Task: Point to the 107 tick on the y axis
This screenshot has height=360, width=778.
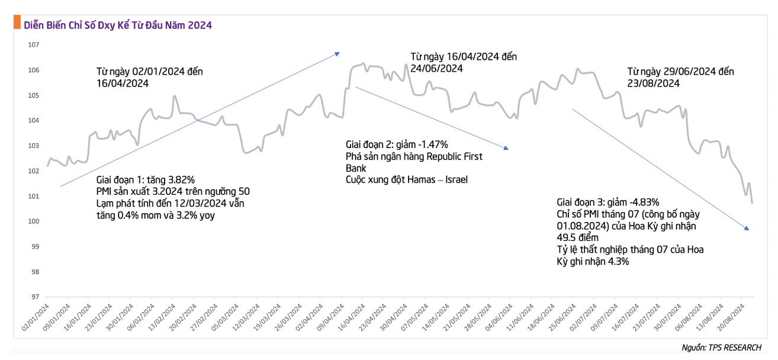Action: pyautogui.click(x=34, y=45)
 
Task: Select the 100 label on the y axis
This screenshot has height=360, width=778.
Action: pyautogui.click(x=34, y=221)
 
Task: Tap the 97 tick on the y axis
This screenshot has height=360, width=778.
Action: pyautogui.click(x=34, y=297)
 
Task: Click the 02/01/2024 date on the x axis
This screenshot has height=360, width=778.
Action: pyautogui.click(x=37, y=315)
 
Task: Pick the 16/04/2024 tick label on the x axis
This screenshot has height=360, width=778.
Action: pyautogui.click(x=353, y=315)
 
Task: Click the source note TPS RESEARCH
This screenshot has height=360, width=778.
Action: pyautogui.click(x=724, y=348)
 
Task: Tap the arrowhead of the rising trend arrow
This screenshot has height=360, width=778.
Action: pyautogui.click(x=337, y=53)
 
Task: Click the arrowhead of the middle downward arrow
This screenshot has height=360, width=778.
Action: pyautogui.click(x=506, y=148)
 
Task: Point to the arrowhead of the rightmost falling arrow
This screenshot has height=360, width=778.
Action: pyautogui.click(x=747, y=228)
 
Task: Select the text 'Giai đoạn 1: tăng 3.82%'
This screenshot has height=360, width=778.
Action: pyautogui.click(x=145, y=180)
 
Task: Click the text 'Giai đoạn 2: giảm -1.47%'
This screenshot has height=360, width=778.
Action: pyautogui.click(x=397, y=144)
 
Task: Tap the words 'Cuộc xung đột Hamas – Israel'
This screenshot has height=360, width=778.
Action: pyautogui.click(x=406, y=179)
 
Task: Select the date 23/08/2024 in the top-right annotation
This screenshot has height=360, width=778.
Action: pyautogui.click(x=653, y=83)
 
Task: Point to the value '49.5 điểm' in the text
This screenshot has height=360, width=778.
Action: pyautogui.click(x=577, y=237)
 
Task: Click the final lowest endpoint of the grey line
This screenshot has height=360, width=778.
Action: pyautogui.click(x=752, y=203)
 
